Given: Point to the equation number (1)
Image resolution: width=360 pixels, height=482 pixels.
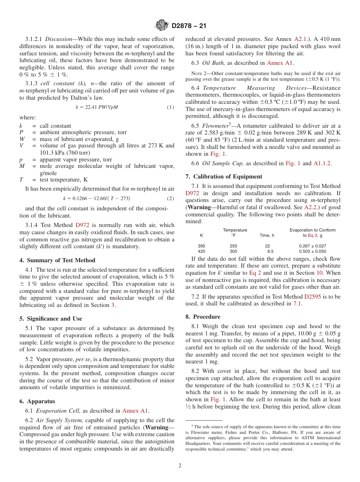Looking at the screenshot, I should pyautogui.click(x=171, y=107).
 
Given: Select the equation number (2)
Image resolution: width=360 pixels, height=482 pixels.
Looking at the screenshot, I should pyautogui.click(x=171, y=199).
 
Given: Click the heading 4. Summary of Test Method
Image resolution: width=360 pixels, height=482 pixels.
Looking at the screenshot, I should pyautogui.click(x=57, y=260).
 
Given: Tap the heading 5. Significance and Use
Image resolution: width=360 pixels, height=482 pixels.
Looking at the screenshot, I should pyautogui.click(x=51, y=319).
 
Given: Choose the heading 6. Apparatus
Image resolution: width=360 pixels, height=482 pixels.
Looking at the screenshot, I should pyautogui.click(x=37, y=401).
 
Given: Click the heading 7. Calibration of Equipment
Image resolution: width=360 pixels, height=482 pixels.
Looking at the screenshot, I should pyautogui.click(x=224, y=177).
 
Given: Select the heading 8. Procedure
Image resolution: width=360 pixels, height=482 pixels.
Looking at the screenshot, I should pyautogui.click(x=203, y=317).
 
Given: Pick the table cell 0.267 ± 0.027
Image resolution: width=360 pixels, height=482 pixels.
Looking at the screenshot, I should pyautogui.click(x=312, y=246).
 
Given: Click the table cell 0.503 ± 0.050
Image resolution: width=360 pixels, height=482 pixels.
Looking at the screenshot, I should pyautogui.click(x=312, y=251).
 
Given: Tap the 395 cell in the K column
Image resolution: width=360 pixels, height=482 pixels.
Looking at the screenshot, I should pyautogui.click(x=201, y=246).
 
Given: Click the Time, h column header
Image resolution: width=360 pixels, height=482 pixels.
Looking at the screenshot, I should pyautogui.click(x=267, y=235).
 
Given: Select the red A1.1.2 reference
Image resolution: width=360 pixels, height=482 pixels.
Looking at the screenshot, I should pyautogui.click(x=322, y=163).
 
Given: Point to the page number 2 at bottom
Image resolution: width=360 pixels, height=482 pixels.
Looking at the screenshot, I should pyautogui.click(x=180, y=466).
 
